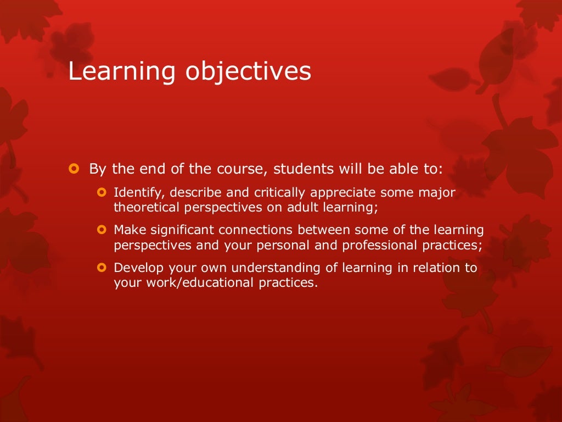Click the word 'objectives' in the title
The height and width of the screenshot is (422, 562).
coord(248,73)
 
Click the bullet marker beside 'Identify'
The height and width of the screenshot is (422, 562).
coord(100,192)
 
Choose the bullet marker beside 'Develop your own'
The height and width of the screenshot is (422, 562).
coord(100,268)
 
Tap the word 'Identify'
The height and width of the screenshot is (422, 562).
coord(132,193)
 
